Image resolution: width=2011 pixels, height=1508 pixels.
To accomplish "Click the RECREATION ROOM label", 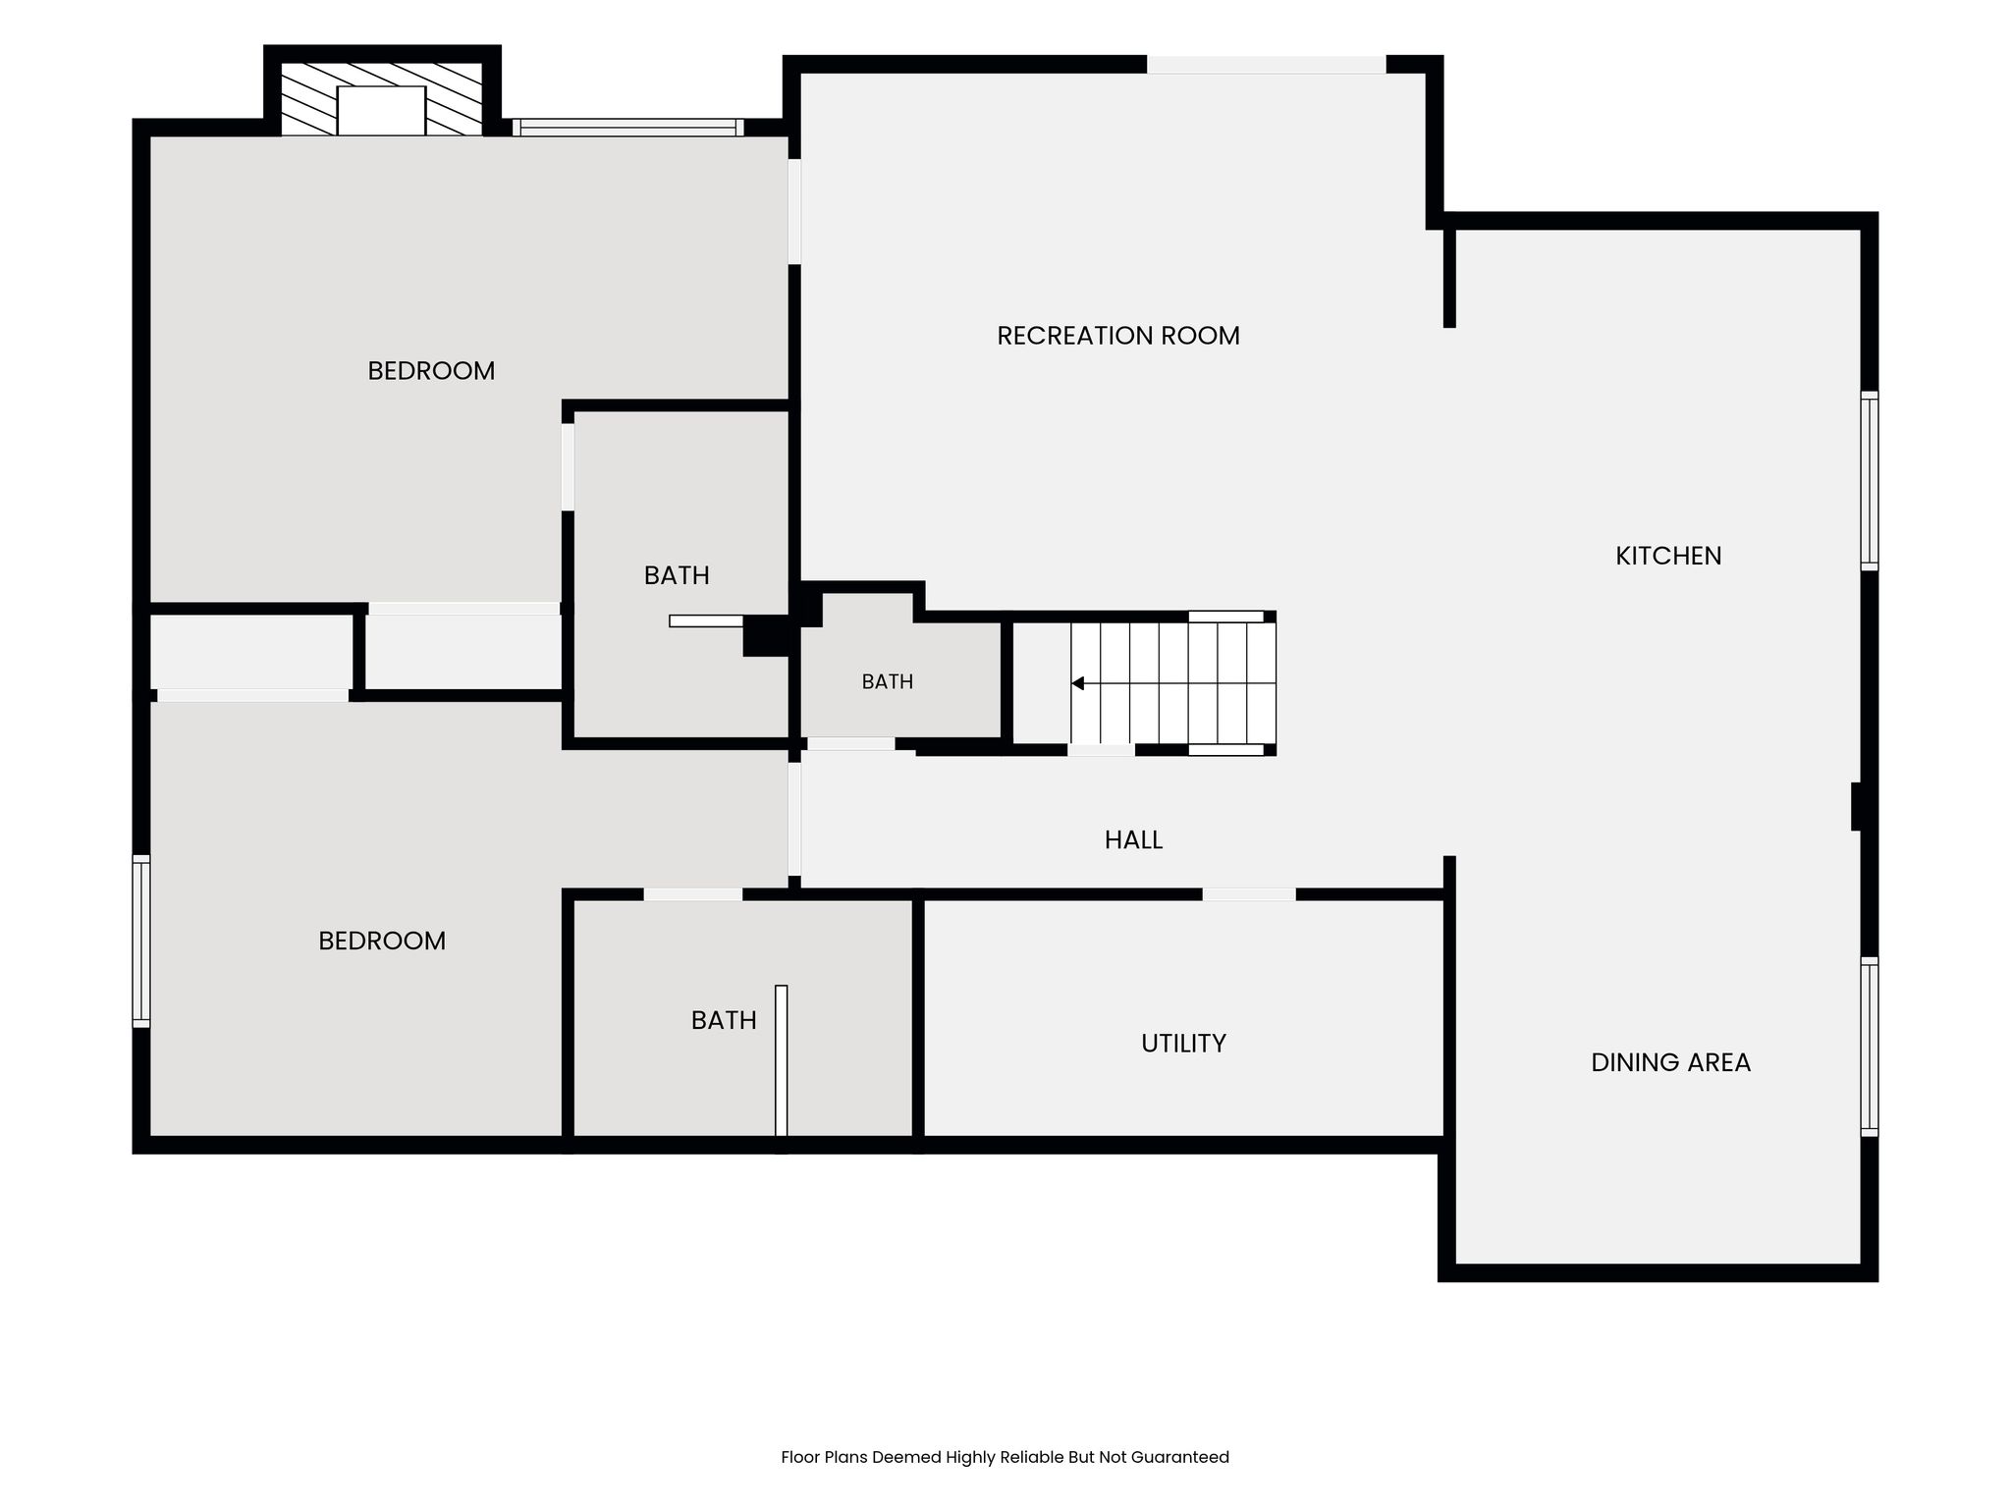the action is (1118, 336).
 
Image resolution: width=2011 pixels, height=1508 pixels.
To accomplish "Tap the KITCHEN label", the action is (1668, 556).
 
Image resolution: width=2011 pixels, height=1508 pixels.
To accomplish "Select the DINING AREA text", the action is (1670, 1062).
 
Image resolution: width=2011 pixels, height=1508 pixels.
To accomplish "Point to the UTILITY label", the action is (1183, 1043).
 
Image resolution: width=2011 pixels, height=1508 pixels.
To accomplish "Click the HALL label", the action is (1133, 839).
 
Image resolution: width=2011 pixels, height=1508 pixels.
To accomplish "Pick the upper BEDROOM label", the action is (431, 371).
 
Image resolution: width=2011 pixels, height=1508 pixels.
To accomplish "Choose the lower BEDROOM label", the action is (382, 941).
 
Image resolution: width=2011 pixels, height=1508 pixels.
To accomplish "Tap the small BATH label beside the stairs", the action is (888, 681).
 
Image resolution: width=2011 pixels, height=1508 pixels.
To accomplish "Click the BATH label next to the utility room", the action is (724, 1021).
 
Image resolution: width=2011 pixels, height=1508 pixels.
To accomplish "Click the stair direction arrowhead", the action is (1077, 683).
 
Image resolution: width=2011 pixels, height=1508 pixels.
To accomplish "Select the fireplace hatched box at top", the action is (382, 99).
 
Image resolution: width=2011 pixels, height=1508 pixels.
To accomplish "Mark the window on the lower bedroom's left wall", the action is (141, 942).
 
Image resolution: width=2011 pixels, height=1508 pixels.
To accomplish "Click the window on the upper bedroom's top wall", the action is (628, 128).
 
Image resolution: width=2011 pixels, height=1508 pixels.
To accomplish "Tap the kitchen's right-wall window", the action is (1870, 481).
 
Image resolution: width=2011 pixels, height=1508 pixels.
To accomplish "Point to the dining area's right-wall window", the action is (1870, 1047).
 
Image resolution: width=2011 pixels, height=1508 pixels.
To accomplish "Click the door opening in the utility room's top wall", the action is (1249, 894).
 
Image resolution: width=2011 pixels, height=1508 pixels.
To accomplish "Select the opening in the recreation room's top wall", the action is (1267, 65).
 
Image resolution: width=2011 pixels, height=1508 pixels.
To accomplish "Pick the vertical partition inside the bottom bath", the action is (782, 1061).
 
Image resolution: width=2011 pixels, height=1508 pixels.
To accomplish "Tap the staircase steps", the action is (1173, 683).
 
